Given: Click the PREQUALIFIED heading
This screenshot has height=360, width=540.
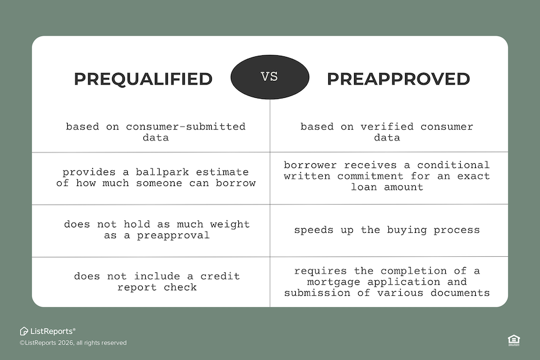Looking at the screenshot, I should point(143,79).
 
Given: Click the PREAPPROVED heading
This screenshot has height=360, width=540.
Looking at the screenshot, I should point(398,79).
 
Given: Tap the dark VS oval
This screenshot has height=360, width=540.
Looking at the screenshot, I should point(270,77).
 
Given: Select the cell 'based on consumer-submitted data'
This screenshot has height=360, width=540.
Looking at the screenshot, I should point(155,132).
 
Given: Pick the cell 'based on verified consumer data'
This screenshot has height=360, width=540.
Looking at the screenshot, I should point(387,132).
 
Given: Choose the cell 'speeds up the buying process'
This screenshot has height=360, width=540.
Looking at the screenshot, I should point(387,230).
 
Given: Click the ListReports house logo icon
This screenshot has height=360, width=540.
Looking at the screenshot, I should point(24,331).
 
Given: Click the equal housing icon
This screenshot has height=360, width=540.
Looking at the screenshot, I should point(514,340).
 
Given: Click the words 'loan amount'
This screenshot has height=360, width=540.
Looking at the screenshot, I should point(387,187).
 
